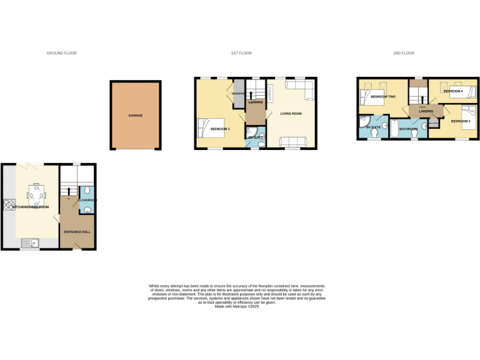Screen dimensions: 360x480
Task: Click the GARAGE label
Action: (x=136, y=116)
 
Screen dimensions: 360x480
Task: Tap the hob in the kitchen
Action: (x=9, y=205)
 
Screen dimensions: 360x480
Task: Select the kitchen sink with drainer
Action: (x=29, y=242)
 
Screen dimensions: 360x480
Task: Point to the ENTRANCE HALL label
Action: (x=77, y=232)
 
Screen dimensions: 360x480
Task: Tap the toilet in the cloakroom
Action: (x=87, y=191)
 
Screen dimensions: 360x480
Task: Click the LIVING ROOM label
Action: (x=291, y=113)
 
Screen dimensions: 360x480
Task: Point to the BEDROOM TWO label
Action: (x=383, y=97)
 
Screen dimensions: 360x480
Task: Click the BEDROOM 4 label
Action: (x=452, y=91)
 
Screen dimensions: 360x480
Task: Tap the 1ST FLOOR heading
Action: (x=241, y=53)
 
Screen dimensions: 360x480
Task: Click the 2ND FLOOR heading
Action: (x=404, y=53)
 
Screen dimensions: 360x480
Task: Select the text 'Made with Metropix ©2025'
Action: (x=237, y=306)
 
